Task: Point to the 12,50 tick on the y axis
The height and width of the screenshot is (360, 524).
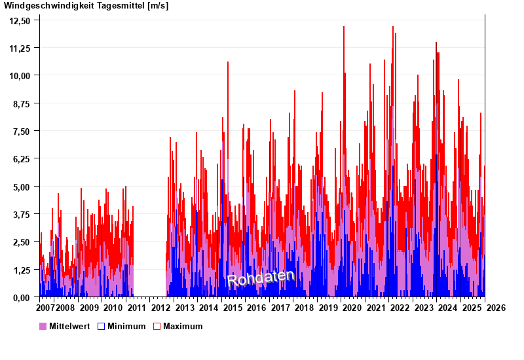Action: [x=20, y=20]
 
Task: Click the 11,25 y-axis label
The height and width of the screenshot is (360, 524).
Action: [x=20, y=48]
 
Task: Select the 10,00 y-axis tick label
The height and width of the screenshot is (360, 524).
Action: [x=20, y=76]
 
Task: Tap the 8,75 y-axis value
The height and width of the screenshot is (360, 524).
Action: [x=22, y=103]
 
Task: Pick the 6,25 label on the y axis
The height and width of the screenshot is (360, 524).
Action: [x=22, y=159]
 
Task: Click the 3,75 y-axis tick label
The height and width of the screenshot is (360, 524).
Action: [x=22, y=214]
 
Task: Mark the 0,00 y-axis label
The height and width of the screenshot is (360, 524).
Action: [x=22, y=297]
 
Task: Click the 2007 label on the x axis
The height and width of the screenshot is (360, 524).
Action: [x=45, y=308]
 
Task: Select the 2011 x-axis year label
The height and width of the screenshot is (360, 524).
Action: [x=137, y=308]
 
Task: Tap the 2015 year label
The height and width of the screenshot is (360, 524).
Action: [x=233, y=308]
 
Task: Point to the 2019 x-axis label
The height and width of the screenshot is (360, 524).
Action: [x=328, y=308]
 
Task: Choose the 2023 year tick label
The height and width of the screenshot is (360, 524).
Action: [x=424, y=308]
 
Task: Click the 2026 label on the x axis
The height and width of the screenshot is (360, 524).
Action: [x=496, y=308]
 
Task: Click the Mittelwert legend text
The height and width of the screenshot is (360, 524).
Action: [x=69, y=326]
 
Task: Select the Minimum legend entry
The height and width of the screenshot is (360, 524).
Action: [x=126, y=326]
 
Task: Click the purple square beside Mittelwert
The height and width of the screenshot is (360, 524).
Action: [x=43, y=326]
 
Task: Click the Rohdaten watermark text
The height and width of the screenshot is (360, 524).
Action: [x=261, y=278]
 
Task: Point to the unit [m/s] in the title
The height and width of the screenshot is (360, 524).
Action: [x=158, y=6]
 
